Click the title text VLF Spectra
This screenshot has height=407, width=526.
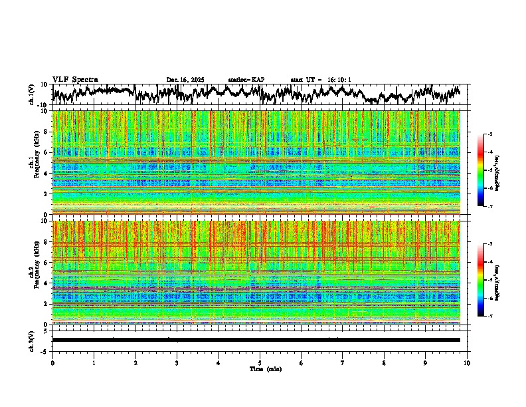[75, 80]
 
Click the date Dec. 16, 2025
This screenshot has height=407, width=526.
[185, 80]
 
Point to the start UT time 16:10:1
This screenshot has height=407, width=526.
[321, 80]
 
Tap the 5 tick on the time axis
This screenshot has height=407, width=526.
[260, 362]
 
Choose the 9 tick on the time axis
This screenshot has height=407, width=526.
[426, 362]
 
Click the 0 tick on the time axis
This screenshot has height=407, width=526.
[52, 362]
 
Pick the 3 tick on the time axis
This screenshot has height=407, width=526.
[177, 362]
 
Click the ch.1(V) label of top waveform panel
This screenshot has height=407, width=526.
[32, 94]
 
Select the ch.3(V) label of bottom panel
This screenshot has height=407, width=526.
[32, 340]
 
